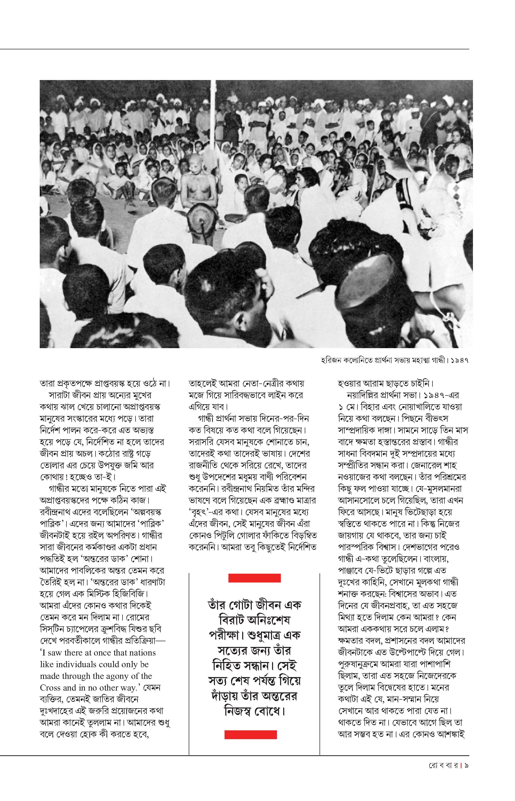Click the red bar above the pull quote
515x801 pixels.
(x=254, y=578)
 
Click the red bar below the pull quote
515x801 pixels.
(x=250, y=734)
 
